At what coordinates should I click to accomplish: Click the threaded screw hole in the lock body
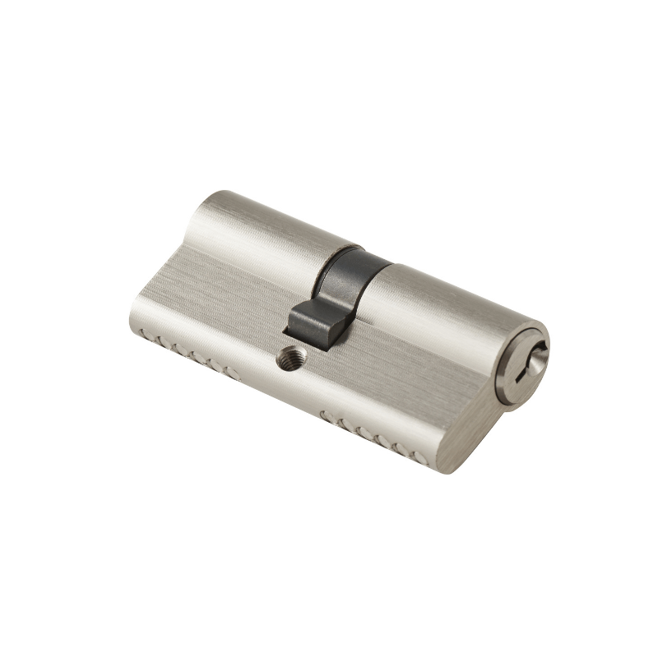[x=290, y=357]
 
